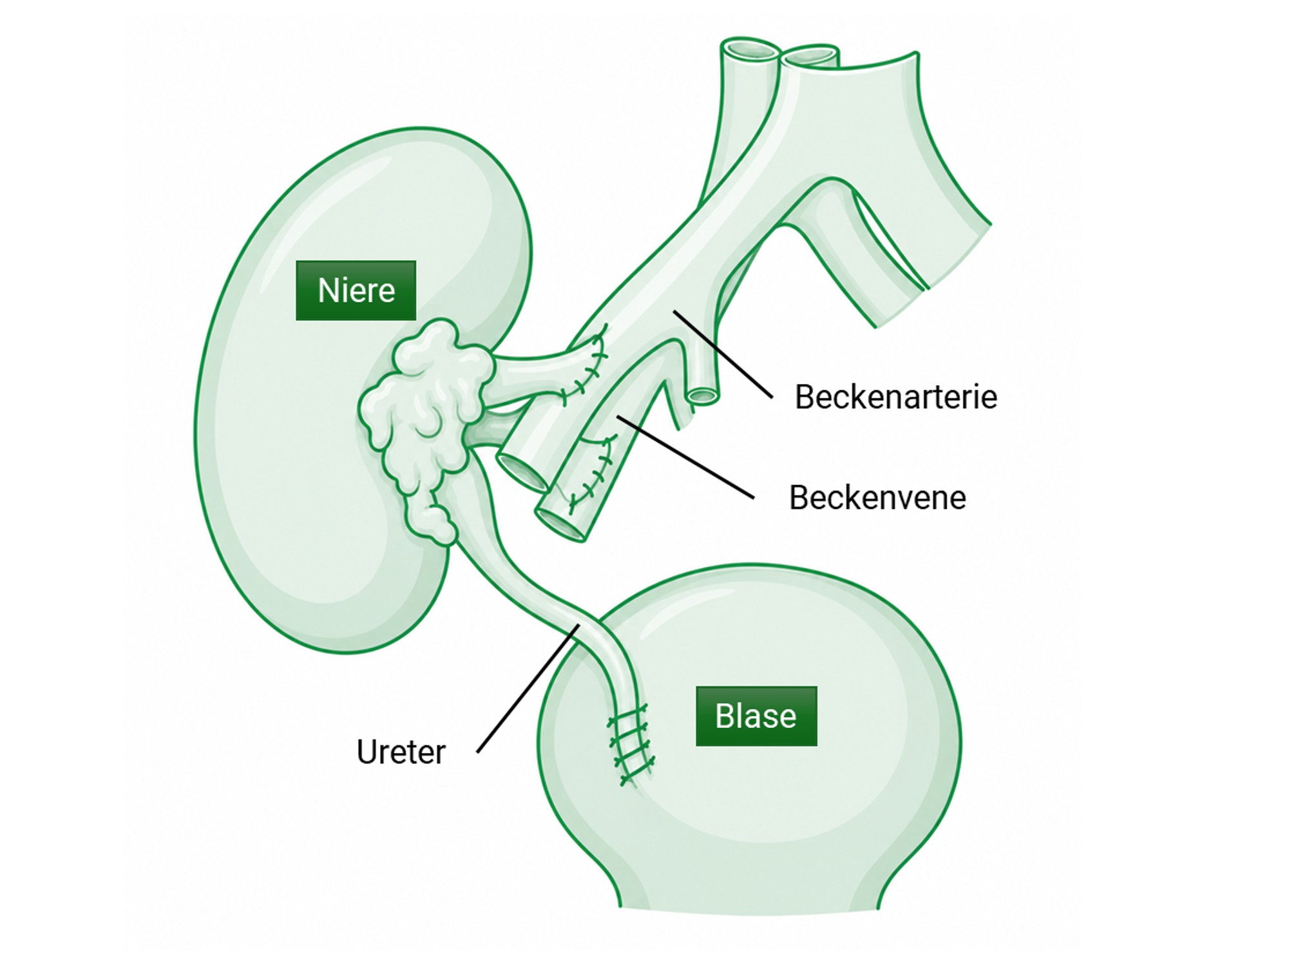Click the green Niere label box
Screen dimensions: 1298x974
356,291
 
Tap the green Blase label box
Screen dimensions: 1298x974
756,716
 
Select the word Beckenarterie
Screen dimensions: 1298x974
896,397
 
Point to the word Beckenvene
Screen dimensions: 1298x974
877,498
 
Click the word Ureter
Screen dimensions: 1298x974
401,752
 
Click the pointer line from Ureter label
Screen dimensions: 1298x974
528,688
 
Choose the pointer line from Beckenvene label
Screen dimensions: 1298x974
685,457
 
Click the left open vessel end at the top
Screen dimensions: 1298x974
751,50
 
